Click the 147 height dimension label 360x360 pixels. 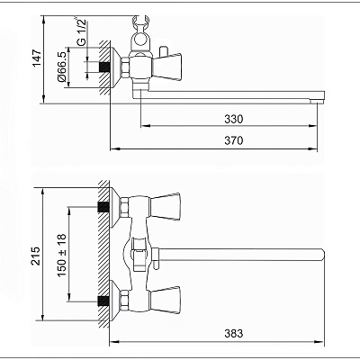pos(37,58)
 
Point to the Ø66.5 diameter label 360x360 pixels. pos(61,67)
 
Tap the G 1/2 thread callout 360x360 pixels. pos(81,32)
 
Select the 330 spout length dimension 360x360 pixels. pos(234,119)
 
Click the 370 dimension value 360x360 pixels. pos(234,140)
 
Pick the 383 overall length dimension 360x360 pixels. pos(234,333)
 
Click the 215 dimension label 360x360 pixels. pos(36,256)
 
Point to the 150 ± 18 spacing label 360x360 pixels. pos(61,256)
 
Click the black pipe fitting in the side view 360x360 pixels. pos(104,67)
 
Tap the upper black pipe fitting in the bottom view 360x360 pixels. pos(103,207)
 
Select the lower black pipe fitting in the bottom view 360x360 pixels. pos(103,301)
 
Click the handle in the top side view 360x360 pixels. pos(167,67)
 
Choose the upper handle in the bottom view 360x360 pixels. pos(165,206)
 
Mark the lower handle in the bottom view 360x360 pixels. pos(165,301)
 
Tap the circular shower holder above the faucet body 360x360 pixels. pos(139,40)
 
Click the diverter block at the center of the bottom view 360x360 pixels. pos(139,255)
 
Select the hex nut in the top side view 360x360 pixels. pos(125,67)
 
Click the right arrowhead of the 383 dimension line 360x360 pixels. pos(321,342)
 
